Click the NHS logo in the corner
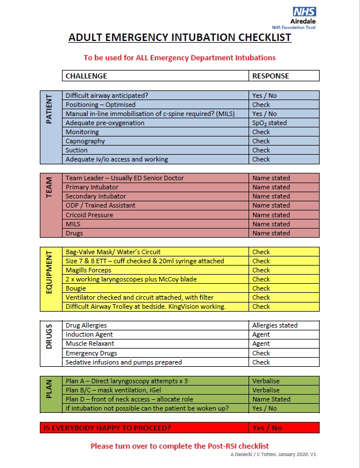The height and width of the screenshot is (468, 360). (304, 13)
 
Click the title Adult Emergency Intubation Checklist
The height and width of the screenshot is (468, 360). (180, 38)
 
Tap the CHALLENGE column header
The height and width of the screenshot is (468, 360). (86, 76)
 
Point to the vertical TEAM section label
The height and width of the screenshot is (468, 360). (49, 187)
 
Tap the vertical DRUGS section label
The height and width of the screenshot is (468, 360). (49, 336)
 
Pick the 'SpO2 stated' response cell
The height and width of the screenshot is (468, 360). (269, 123)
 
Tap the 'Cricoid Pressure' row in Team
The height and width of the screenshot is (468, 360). (89, 215)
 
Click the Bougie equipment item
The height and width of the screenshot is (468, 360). (76, 288)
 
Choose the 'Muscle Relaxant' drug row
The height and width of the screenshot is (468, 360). (90, 343)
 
